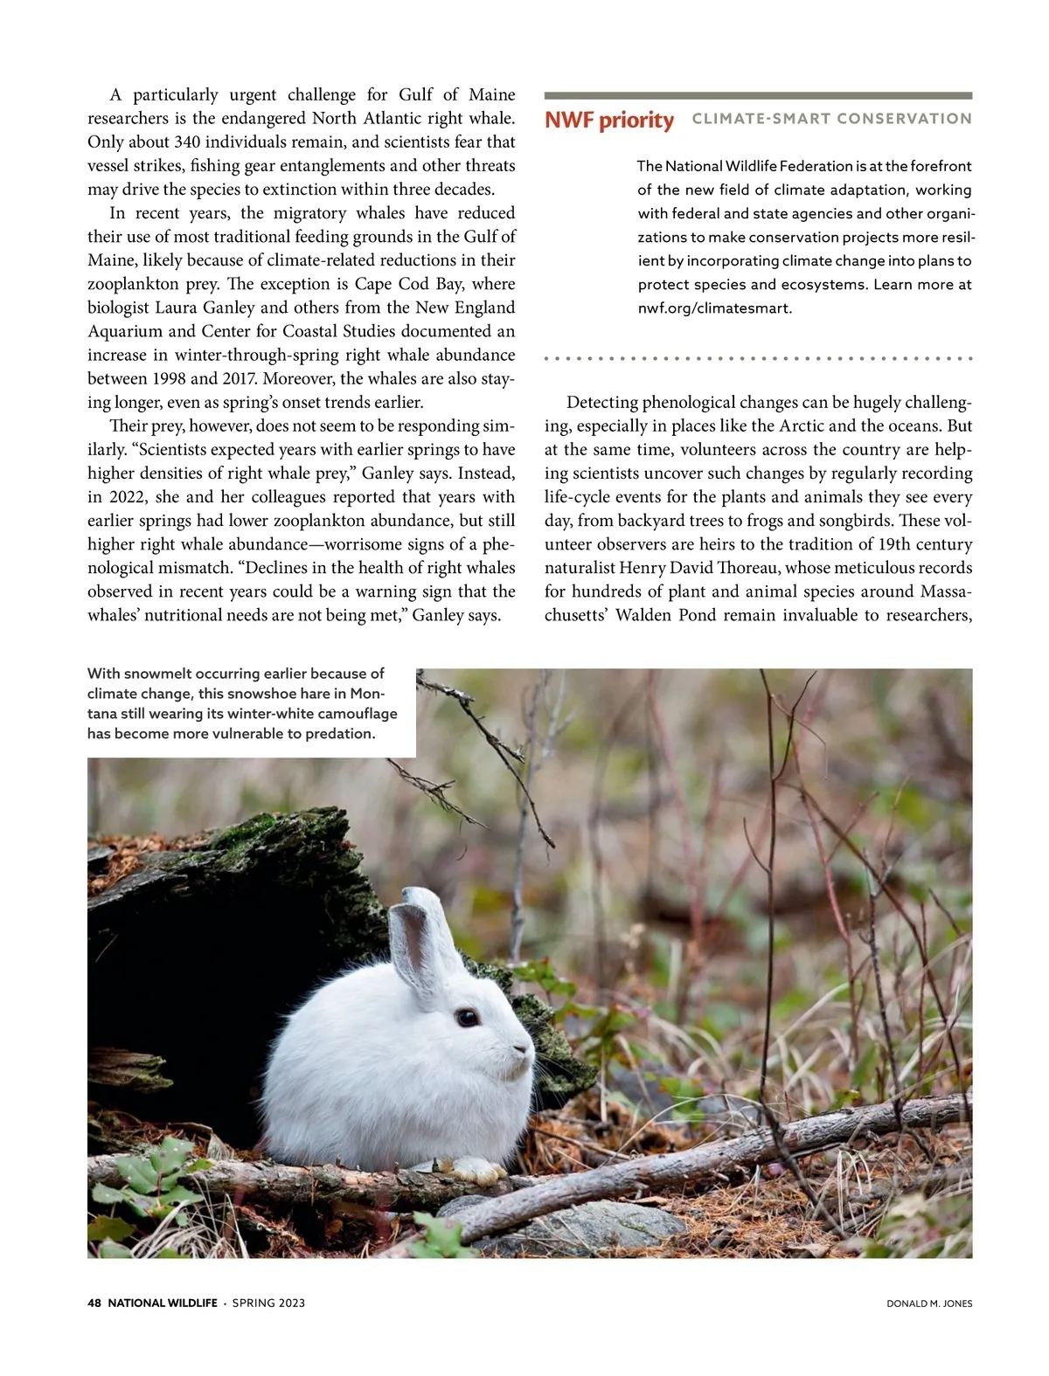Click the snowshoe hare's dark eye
click(x=467, y=1017)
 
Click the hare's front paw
click(x=476, y=1169)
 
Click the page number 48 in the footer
click(x=94, y=1303)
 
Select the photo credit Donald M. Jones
click(x=929, y=1303)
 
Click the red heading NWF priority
click(x=608, y=120)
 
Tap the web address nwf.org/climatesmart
click(x=714, y=308)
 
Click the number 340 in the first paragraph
click(x=187, y=142)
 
